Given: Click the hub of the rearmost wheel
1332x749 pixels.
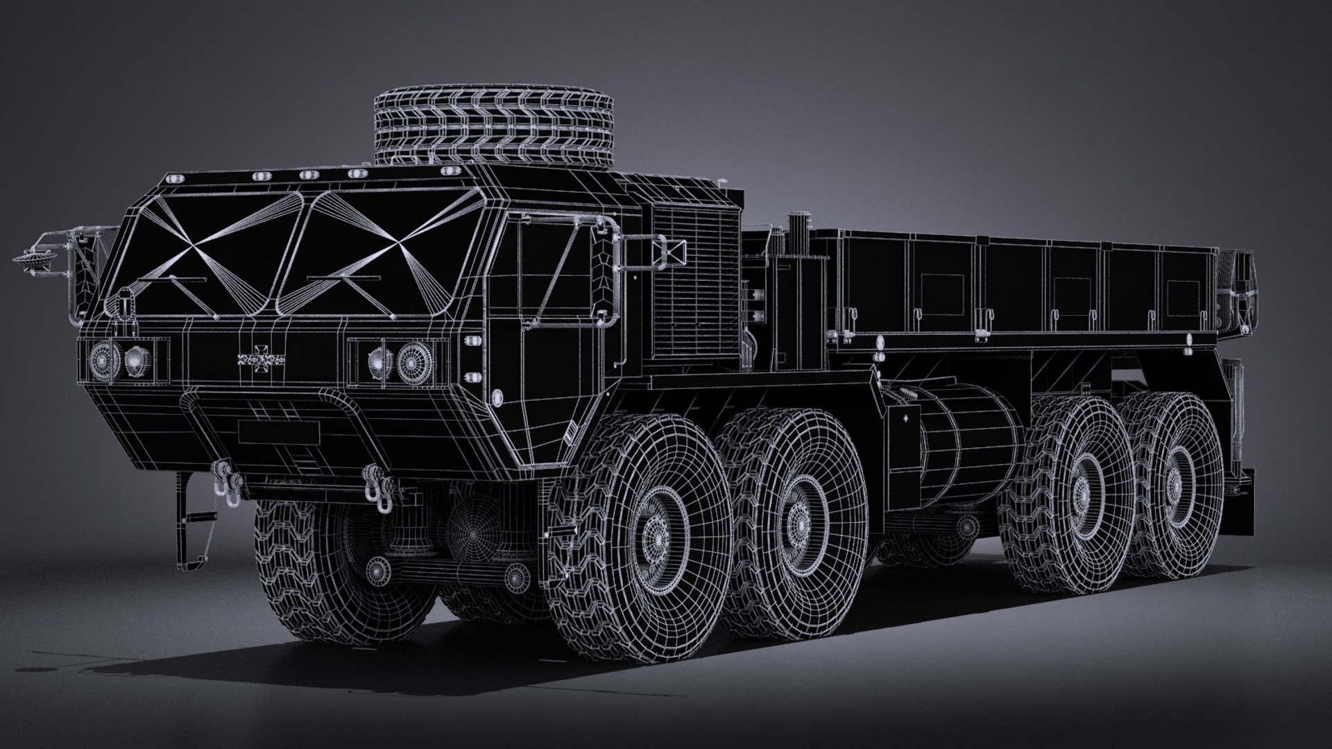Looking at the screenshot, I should pos(1175,481).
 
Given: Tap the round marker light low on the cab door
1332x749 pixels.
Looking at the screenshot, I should pos(497,397).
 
